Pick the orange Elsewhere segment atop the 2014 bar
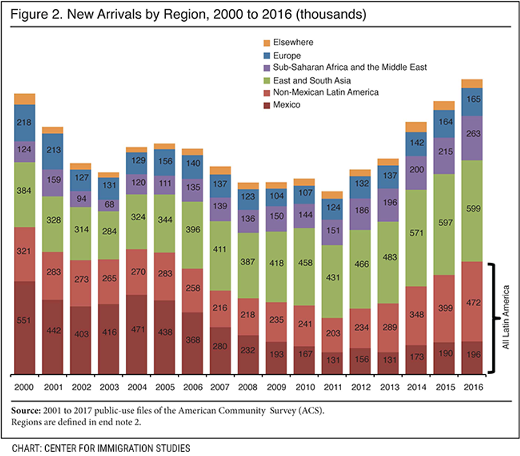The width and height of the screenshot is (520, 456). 416,127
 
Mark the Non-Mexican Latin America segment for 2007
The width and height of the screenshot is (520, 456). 219,308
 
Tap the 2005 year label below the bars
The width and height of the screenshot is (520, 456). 164,387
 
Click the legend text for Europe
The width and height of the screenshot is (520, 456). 287,55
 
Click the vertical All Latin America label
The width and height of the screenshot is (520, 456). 507,317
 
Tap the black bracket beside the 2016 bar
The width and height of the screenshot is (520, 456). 495,317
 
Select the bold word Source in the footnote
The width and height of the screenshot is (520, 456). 25,410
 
